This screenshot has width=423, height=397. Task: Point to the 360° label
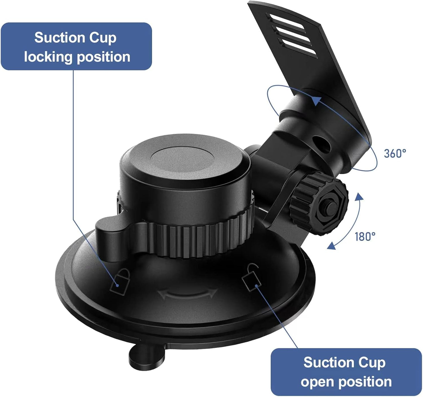pyautogui.click(x=395, y=153)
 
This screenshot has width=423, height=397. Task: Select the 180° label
pyautogui.click(x=365, y=236)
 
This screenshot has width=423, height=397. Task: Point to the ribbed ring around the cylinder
pyautogui.click(x=202, y=237)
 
